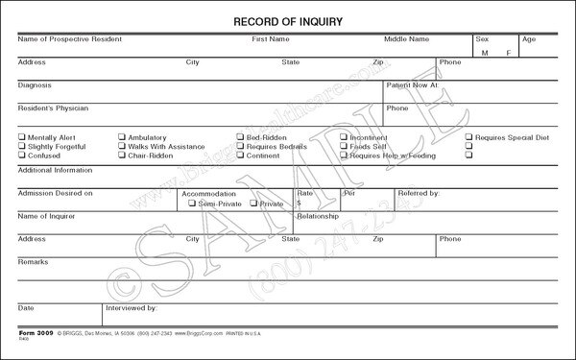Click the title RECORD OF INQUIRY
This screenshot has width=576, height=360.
tap(288, 19)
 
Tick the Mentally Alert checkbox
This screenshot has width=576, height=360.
tap(22, 137)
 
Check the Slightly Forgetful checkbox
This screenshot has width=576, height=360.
tap(22, 146)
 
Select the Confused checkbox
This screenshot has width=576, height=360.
tap(22, 155)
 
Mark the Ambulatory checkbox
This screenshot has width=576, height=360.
tap(122, 137)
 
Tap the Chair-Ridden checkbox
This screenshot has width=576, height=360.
tap(122, 155)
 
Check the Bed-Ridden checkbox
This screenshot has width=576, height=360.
tap(241, 137)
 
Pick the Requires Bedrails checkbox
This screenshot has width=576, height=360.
tap(241, 146)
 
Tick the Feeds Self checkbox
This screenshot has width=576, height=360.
tap(345, 146)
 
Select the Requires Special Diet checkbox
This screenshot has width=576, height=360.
tap(469, 137)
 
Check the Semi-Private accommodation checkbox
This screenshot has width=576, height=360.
tap(190, 204)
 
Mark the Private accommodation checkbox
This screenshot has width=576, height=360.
tap(253, 204)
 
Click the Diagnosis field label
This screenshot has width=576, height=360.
tap(36, 84)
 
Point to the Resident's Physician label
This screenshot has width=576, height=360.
tap(52, 108)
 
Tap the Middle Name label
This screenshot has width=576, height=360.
tap(406, 39)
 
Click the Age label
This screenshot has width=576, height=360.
tap(528, 39)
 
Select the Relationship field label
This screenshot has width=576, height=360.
tap(318, 216)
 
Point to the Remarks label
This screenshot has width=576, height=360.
tap(34, 260)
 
